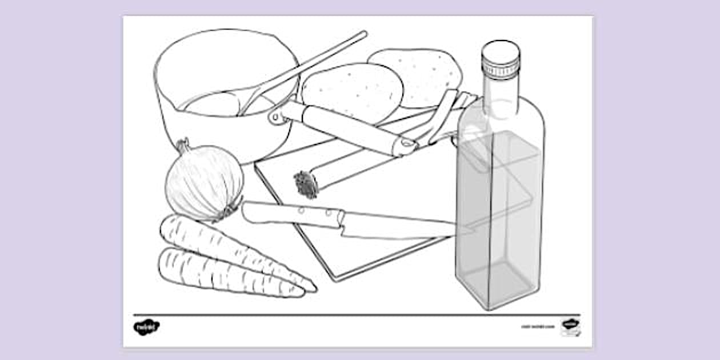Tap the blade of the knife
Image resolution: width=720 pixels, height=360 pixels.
coord(400,225)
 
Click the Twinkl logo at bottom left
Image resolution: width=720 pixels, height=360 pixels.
coord(146,327)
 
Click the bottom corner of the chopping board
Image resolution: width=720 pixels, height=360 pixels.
coord(337,279)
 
